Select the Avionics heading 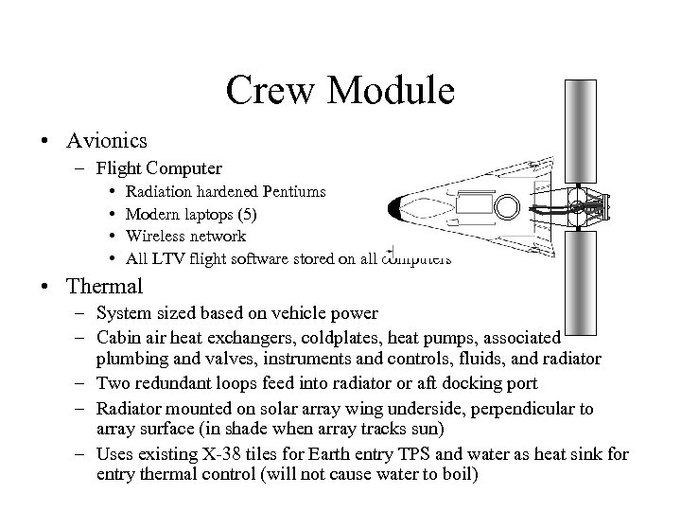click(106, 141)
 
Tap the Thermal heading click(104, 286)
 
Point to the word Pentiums click(292, 192)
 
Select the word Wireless click(158, 236)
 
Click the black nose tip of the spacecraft click(396, 206)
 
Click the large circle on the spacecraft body click(507, 206)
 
